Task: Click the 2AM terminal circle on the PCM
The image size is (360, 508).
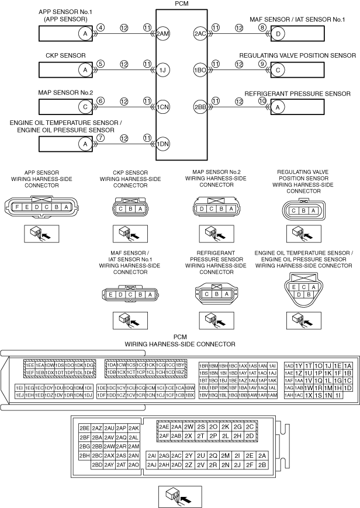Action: (162, 34)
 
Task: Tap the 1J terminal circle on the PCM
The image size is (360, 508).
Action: (162, 70)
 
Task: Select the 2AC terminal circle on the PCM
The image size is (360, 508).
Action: (200, 34)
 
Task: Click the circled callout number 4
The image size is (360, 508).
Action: (101, 27)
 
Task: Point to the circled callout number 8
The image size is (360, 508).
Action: (262, 27)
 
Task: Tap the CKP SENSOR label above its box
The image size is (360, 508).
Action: (66, 55)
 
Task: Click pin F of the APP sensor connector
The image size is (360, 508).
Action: (18, 207)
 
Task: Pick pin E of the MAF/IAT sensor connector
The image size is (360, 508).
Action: (111, 295)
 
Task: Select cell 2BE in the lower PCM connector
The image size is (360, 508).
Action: (85, 427)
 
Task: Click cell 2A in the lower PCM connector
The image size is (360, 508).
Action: (262, 455)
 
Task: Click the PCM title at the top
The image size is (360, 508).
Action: (182, 4)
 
